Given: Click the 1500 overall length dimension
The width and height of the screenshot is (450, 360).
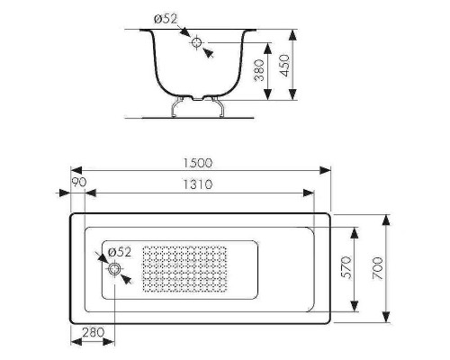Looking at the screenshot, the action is (x=198, y=163).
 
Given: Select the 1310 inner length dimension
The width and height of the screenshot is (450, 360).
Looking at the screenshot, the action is (x=198, y=184).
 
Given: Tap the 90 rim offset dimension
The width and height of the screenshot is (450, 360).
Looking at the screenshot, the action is (x=79, y=182).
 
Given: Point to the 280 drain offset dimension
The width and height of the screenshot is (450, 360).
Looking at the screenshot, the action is (x=94, y=332).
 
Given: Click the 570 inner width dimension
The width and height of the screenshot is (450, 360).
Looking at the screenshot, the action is (x=346, y=267).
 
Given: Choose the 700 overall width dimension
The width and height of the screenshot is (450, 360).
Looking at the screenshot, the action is (x=378, y=268).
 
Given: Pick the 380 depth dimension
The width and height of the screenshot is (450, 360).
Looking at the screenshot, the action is (x=259, y=70).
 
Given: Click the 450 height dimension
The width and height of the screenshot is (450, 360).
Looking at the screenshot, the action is (x=284, y=66).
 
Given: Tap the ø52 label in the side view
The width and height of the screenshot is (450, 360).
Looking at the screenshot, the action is (x=166, y=19).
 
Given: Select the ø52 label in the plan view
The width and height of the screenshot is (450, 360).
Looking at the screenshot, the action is (x=120, y=252).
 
